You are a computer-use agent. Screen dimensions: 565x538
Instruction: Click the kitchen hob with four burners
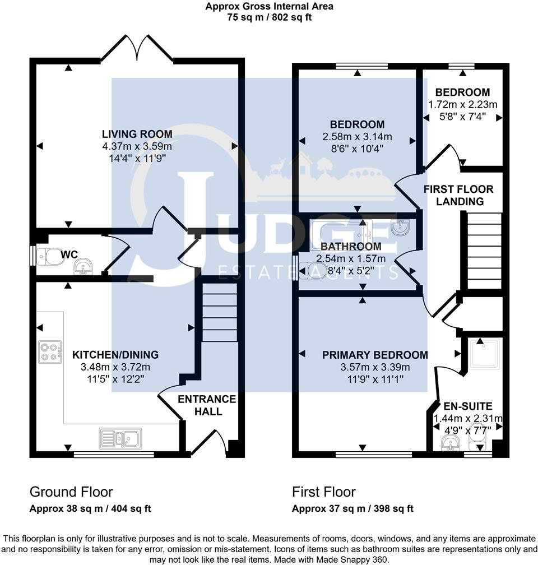click(49, 351)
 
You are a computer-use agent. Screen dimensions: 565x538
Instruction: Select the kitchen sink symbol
click(121, 437)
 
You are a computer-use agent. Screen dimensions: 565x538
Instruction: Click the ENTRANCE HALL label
click(207, 405)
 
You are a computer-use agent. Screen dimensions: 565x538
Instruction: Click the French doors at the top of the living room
click(137, 48)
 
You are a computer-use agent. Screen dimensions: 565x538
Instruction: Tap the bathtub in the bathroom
click(340, 234)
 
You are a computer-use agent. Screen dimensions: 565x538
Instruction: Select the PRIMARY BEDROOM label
click(375, 355)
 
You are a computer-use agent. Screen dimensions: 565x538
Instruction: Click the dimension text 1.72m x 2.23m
click(463, 105)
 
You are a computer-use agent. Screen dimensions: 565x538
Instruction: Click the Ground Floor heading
click(71, 492)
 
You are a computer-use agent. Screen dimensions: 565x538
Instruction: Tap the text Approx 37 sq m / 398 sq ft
click(353, 509)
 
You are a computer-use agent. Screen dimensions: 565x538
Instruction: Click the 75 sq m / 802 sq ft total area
click(269, 17)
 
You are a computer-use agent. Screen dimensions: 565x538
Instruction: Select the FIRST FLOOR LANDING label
click(453, 195)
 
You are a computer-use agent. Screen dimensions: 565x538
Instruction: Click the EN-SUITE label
click(467, 406)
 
